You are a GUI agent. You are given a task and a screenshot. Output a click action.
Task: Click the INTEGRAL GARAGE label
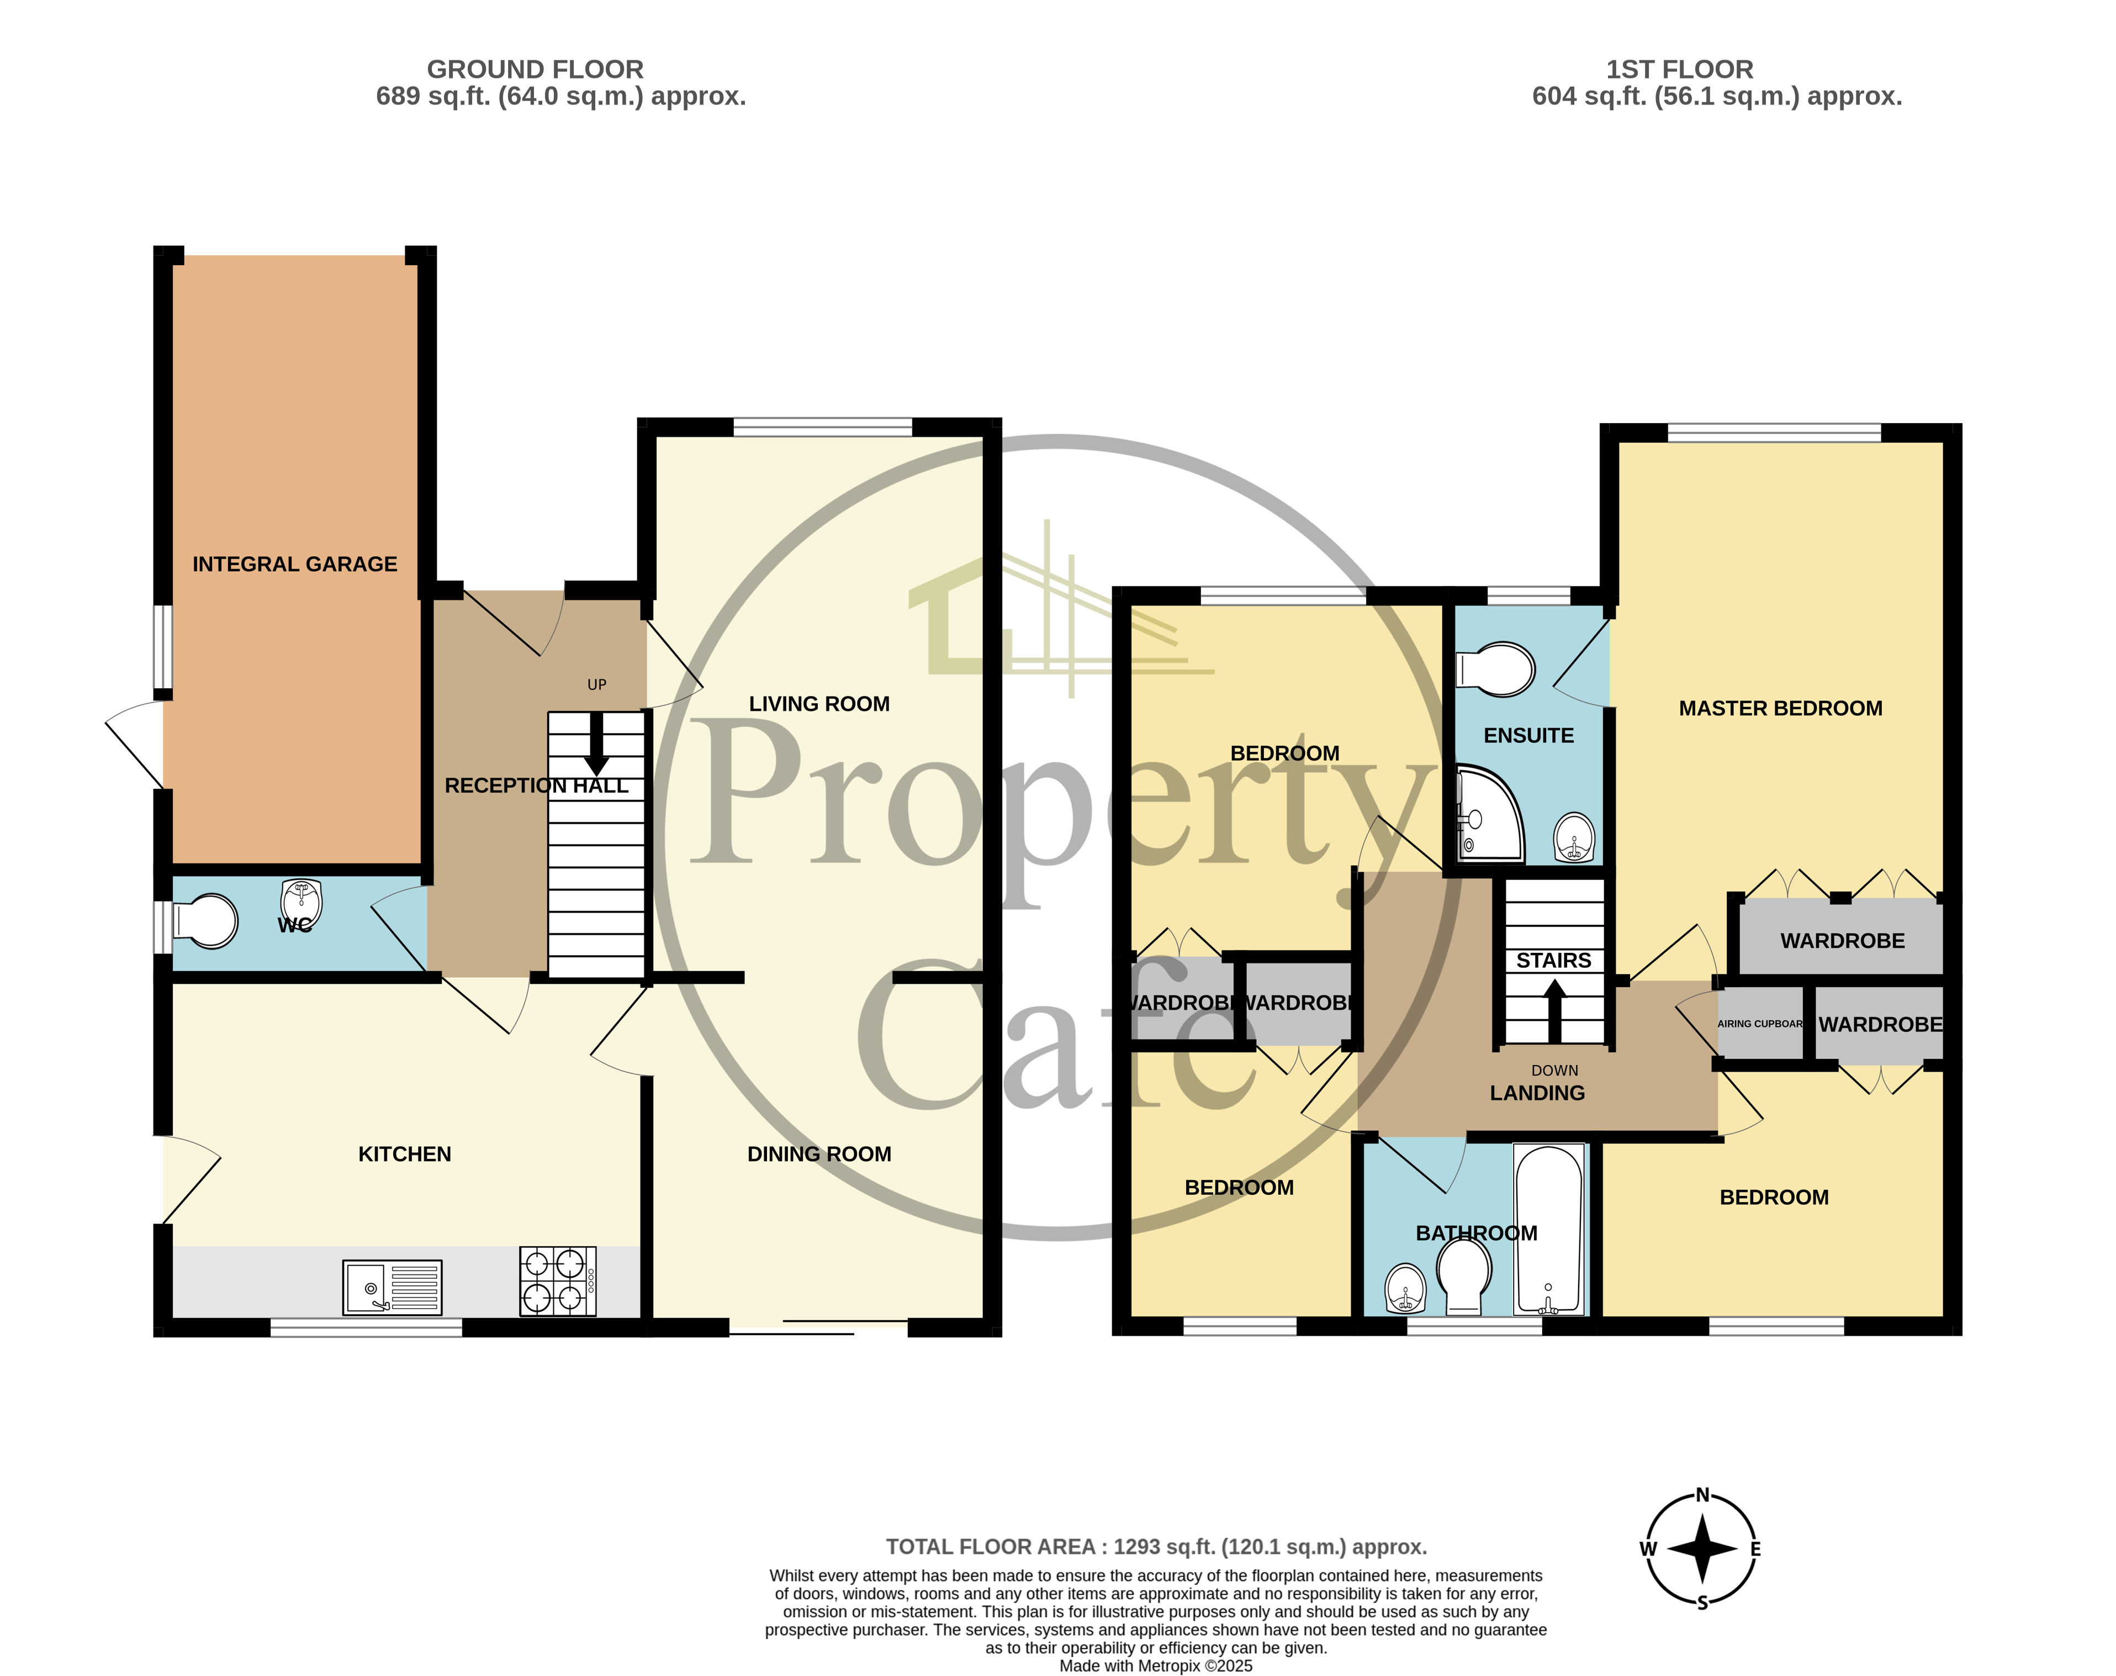pos(294,564)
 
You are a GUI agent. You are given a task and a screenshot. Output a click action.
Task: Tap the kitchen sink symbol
pos(392,1288)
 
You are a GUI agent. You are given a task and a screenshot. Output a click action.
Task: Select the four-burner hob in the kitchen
pos(556,1280)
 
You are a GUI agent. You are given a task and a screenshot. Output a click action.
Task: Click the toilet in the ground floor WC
pos(206,920)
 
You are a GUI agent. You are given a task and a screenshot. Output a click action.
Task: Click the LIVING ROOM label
pos(819,704)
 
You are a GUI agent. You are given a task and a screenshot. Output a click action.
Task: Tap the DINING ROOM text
pos(819,1154)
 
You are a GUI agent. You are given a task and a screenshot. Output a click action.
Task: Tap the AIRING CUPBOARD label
pos(1760,1024)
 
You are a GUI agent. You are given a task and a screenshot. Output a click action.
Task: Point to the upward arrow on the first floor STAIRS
pos(1554,1011)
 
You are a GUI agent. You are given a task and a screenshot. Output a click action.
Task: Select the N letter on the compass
pos(1702,1495)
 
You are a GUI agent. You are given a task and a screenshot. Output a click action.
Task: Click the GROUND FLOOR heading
pos(535,70)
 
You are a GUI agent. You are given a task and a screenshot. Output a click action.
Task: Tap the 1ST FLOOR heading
pos(1679,70)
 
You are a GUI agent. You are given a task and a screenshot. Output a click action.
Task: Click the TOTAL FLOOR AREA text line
pos(1156,1547)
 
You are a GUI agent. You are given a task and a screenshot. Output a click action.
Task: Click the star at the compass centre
pos(1702,1549)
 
